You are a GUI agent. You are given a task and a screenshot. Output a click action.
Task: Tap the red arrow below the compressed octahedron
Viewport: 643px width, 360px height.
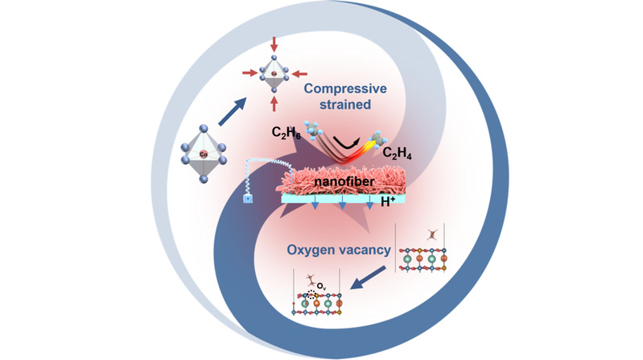point(276,104)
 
